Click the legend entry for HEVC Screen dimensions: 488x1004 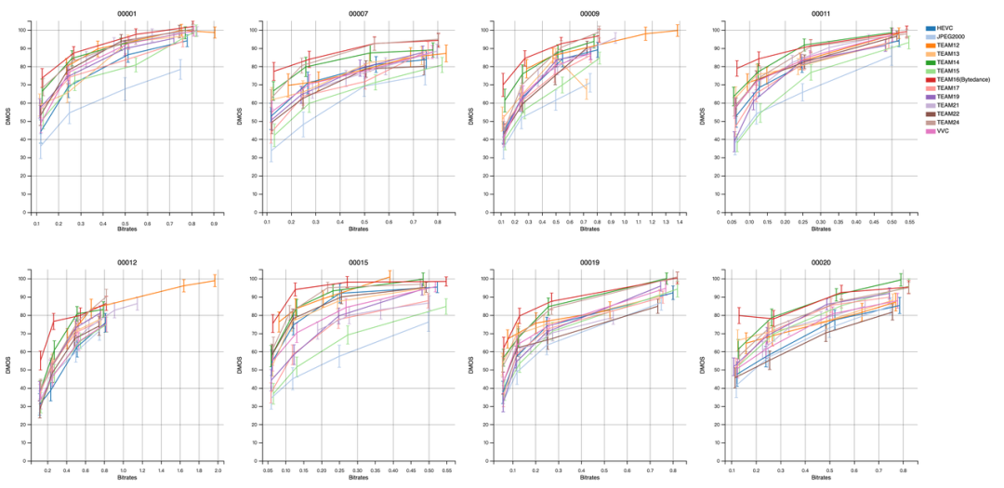(951, 31)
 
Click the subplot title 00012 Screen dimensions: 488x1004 (128, 262)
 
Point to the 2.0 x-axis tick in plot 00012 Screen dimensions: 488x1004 (218, 472)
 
